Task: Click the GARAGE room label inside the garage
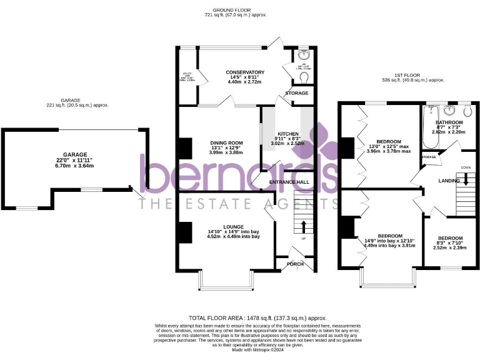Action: pyautogui.click(x=74, y=154)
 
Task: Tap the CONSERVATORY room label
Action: pyautogui.click(x=245, y=72)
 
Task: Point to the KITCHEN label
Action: pyautogui.click(x=288, y=134)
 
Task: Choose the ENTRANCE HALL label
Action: pyautogui.click(x=289, y=182)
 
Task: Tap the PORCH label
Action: pyautogui.click(x=295, y=264)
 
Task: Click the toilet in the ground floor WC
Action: pyautogui.click(x=303, y=76)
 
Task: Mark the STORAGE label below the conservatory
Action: pyautogui.click(x=297, y=93)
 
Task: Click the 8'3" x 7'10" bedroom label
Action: pyautogui.click(x=449, y=238)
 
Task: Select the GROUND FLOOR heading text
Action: pyautogui.click(x=231, y=10)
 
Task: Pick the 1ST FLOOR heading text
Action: pyautogui.click(x=413, y=74)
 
